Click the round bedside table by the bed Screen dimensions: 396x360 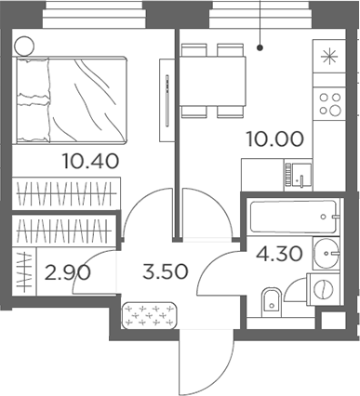tap(24, 43)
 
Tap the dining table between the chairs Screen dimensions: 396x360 tap(213, 81)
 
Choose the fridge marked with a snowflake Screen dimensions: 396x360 tap(327, 55)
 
